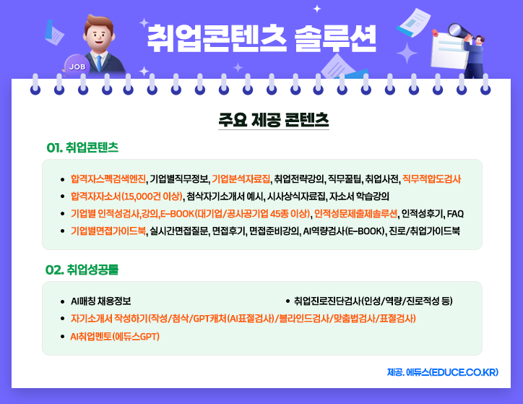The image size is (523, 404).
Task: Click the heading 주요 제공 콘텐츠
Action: click(274, 119)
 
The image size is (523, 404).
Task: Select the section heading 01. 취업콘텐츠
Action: click(82, 147)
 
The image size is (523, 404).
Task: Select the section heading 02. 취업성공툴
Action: click(82, 270)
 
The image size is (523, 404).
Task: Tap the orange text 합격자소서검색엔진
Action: click(108, 179)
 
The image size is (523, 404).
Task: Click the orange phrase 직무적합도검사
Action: click(431, 179)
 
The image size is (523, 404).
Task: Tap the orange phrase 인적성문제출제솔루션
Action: click(355, 213)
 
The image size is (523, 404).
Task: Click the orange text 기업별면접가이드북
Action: click(108, 231)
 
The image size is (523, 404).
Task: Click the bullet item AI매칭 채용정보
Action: click(100, 301)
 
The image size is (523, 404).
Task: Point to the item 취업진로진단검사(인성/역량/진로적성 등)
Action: click(373, 301)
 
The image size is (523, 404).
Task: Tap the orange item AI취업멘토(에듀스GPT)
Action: click(115, 336)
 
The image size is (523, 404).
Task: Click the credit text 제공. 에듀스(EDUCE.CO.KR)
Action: click(442, 372)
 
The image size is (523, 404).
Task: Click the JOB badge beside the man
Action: click(76, 66)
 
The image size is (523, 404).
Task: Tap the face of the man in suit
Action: click(97, 30)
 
